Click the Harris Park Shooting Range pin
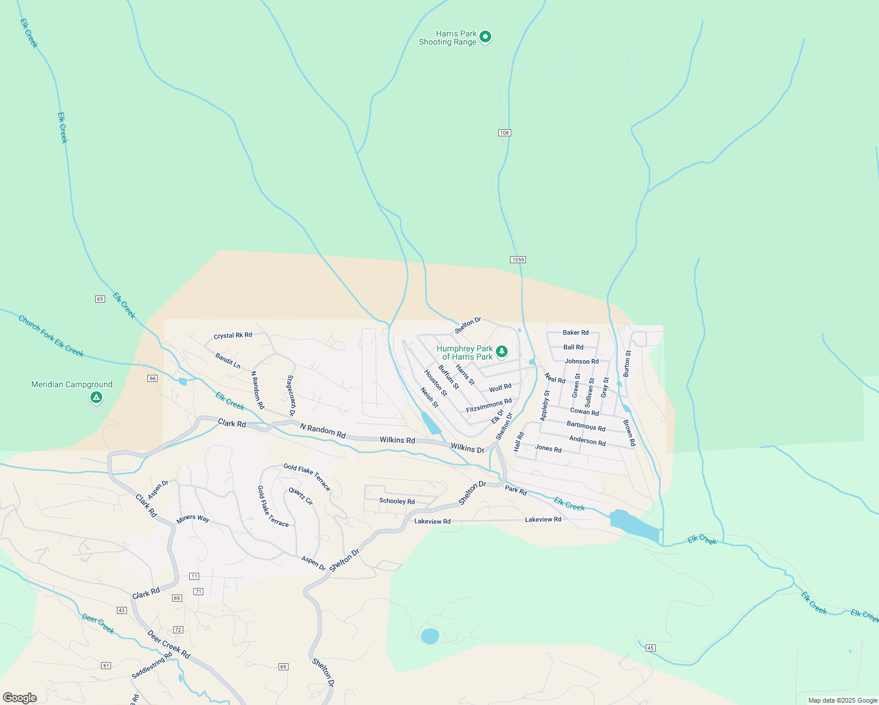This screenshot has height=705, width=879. click(485, 37)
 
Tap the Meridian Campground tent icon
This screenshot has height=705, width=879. click(96, 398)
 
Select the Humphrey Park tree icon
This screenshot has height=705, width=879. click(501, 351)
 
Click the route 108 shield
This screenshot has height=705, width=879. click(504, 133)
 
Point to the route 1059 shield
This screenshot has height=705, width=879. click(518, 260)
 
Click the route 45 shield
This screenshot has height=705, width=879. click(650, 648)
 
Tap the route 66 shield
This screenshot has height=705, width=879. click(153, 378)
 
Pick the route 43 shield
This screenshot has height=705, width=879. click(122, 610)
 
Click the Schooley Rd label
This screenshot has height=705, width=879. click(397, 501)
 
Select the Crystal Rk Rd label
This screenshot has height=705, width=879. click(233, 335)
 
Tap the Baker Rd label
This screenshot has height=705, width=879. click(575, 333)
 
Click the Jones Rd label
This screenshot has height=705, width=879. click(548, 449)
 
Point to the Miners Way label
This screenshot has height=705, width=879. click(193, 519)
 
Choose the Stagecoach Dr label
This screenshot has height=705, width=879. click(290, 396)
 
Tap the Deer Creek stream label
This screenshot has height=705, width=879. click(98, 624)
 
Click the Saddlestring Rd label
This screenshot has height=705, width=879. click(152, 666)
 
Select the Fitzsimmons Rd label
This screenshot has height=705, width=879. click(488, 405)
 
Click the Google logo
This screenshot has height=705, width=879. click(19, 698)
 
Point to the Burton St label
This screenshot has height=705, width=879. click(627, 364)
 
